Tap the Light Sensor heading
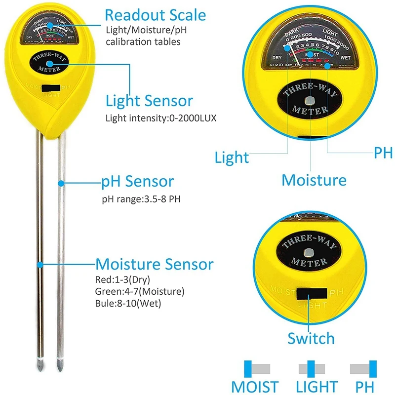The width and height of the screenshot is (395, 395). click(149, 101)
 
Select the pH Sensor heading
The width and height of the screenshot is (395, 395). click(137, 181)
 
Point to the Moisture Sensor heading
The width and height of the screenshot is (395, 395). click(154, 264)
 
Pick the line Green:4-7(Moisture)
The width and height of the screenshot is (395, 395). click(139, 291)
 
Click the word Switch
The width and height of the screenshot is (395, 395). click(311, 338)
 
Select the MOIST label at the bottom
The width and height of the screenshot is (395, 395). click(255, 387)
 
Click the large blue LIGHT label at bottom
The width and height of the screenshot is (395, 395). click(317, 387)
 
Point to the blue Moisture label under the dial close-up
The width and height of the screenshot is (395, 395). click(314, 180)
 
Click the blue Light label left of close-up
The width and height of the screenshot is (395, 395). click(232, 158)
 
